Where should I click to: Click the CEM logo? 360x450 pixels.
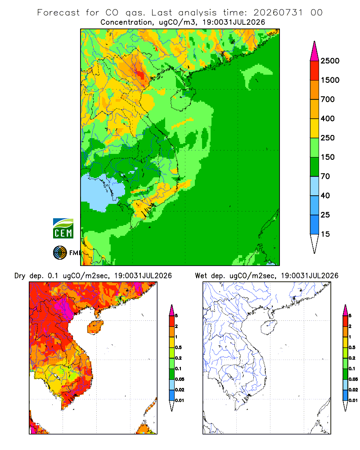(x=63, y=228)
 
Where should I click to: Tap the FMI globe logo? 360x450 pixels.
(x=60, y=252)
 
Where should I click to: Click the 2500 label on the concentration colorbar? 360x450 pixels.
(x=330, y=61)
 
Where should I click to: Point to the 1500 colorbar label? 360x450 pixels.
(x=330, y=80)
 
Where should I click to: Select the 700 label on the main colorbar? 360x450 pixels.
(x=328, y=99)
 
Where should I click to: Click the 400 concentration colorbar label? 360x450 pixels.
(x=328, y=118)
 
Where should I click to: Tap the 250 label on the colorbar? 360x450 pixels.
(x=328, y=138)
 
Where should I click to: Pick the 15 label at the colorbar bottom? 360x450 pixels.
(x=325, y=234)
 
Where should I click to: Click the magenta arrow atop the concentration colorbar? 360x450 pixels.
(x=315, y=51)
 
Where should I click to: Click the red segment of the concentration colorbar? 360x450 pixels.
(x=315, y=71)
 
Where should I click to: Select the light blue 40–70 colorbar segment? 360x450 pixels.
(x=315, y=186)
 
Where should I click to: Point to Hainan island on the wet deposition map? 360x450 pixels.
(x=269, y=328)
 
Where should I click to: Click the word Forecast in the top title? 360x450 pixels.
(x=58, y=13)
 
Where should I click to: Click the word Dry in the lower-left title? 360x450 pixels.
(x=20, y=276)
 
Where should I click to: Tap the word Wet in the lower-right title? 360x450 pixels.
(x=201, y=276)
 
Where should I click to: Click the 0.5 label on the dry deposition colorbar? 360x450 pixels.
(x=178, y=347)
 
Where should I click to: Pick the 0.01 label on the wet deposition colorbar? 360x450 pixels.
(x=353, y=400)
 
